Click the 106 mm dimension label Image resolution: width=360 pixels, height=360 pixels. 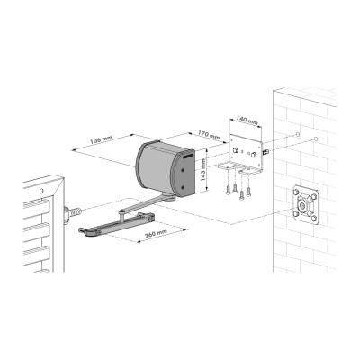coord(101,139)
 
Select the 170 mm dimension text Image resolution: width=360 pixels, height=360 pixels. coord(209,134)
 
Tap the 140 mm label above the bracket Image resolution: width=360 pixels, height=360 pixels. coord(247,121)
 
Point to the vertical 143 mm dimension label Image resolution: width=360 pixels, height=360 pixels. coord(203,169)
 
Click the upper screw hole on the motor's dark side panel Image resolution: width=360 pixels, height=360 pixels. coord(183,169)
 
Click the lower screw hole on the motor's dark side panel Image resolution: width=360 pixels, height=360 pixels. coord(183,187)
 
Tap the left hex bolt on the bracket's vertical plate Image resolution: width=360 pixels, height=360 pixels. coord(237,150)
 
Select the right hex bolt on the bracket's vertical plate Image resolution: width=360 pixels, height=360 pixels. coord(254,154)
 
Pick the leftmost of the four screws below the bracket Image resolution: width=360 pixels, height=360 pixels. coord(228,190)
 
